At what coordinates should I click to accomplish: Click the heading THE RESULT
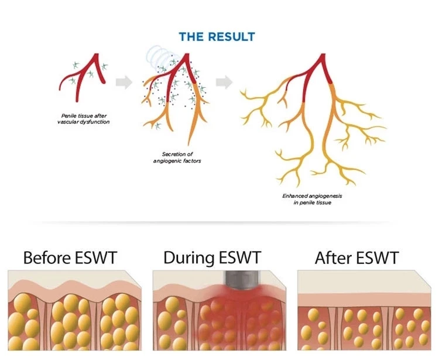pyautogui.click(x=217, y=37)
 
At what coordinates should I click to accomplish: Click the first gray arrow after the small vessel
pyautogui.click(x=124, y=83)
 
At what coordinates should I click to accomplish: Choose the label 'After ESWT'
pyautogui.click(x=356, y=258)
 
